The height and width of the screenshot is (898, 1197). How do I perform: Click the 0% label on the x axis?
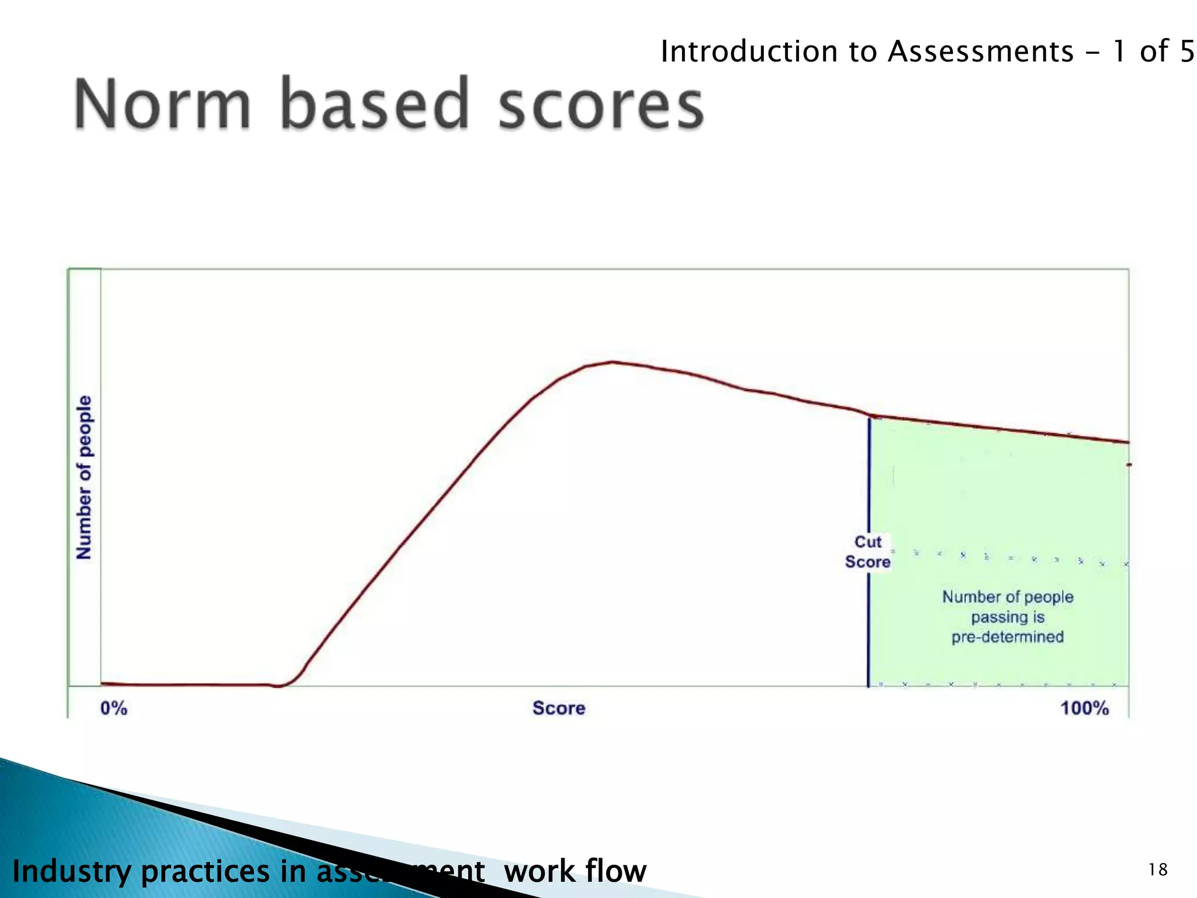click(113, 709)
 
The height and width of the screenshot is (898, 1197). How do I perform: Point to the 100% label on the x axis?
click(1084, 709)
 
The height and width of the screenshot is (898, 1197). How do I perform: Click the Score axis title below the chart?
click(559, 709)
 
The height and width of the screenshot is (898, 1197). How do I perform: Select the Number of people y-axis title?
click(85, 477)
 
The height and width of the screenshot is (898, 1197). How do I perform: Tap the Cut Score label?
click(868, 552)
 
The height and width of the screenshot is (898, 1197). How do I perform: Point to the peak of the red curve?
click(612, 362)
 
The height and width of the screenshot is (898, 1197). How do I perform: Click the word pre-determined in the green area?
click(1008, 637)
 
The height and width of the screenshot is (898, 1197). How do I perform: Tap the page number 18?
click(1158, 870)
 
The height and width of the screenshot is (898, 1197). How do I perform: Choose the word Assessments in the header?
click(981, 51)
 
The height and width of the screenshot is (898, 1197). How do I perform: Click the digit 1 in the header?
click(1119, 51)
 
